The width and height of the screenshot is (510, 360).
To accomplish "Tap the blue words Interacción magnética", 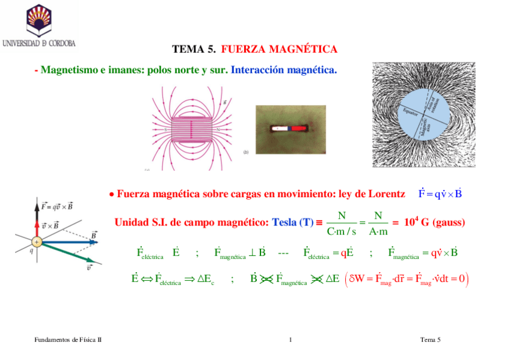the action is point(284,70).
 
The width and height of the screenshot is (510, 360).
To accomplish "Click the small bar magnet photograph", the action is point(291,129).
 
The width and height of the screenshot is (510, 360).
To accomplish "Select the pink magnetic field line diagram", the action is point(191,128).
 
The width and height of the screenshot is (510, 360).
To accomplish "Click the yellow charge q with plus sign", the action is point(37,242).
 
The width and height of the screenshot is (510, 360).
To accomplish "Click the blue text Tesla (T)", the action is point(293,222).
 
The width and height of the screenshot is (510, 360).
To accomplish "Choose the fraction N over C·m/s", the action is point(341,223).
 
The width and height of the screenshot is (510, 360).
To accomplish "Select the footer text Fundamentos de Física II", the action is point(67,340).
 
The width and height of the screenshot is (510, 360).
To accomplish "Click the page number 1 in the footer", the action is point(290,340).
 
